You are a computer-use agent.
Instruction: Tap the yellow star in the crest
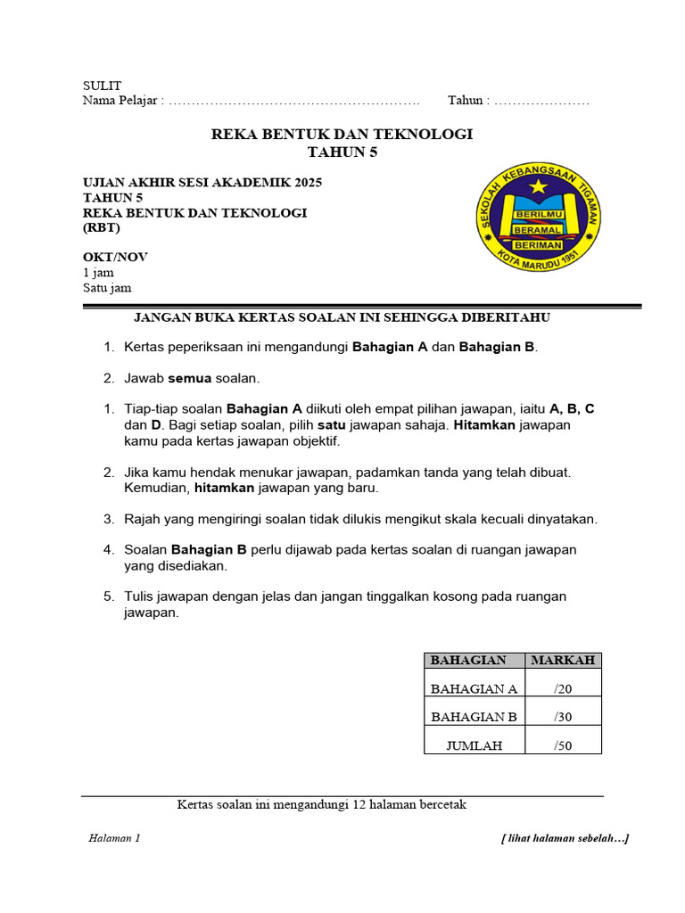(x=538, y=187)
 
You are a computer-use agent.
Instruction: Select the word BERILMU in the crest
(x=539, y=216)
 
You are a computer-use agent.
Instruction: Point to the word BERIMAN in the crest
(x=538, y=244)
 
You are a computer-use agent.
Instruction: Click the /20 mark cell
(x=563, y=688)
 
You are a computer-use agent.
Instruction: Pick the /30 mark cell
(x=563, y=717)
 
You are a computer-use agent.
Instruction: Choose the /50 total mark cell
(x=563, y=745)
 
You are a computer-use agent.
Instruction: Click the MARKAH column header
(x=563, y=661)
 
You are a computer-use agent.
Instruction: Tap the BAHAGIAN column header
(x=468, y=661)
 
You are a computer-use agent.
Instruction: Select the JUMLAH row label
(x=475, y=745)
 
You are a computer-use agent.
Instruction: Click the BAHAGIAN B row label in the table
(x=474, y=717)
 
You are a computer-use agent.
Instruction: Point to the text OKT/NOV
(x=115, y=257)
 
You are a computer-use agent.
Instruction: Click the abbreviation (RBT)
(x=100, y=228)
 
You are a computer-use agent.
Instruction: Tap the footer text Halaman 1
(x=114, y=838)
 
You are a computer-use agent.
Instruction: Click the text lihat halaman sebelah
(x=565, y=838)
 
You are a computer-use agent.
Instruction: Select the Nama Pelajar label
(x=122, y=101)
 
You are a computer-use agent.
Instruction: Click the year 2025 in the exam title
(x=304, y=183)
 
